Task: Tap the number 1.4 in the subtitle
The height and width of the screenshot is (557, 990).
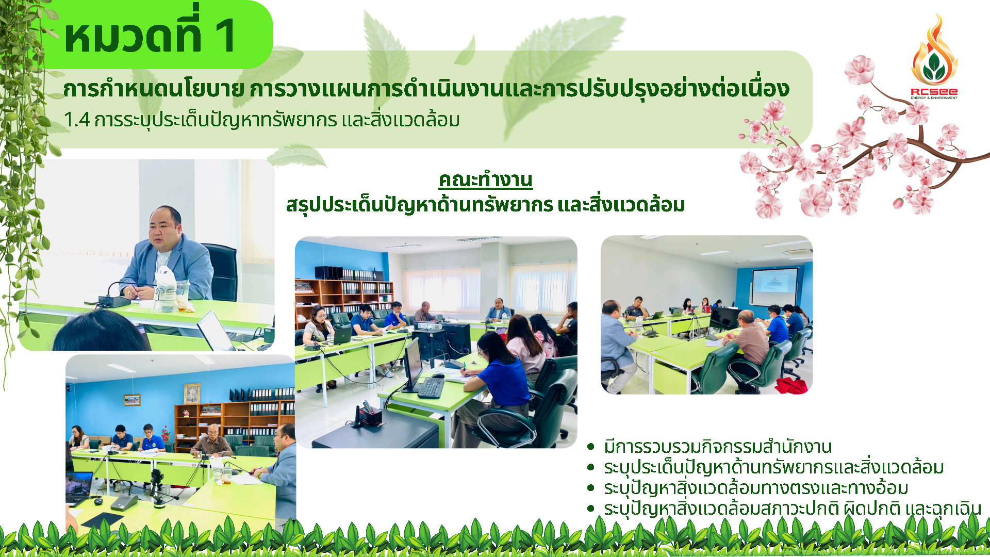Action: [77, 120]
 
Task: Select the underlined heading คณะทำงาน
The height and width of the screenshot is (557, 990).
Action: [485, 180]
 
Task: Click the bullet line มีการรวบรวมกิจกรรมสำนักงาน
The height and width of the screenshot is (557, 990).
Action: [718, 446]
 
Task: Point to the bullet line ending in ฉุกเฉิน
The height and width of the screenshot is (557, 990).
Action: [793, 509]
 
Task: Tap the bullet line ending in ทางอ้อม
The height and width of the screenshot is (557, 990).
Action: [756, 487]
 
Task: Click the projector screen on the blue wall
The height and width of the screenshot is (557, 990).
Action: [774, 287]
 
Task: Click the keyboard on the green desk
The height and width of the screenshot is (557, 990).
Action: [431, 388]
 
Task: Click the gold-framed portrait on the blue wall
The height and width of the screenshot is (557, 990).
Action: [192, 394]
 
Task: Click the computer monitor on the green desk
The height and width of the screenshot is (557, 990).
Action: [412, 364]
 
